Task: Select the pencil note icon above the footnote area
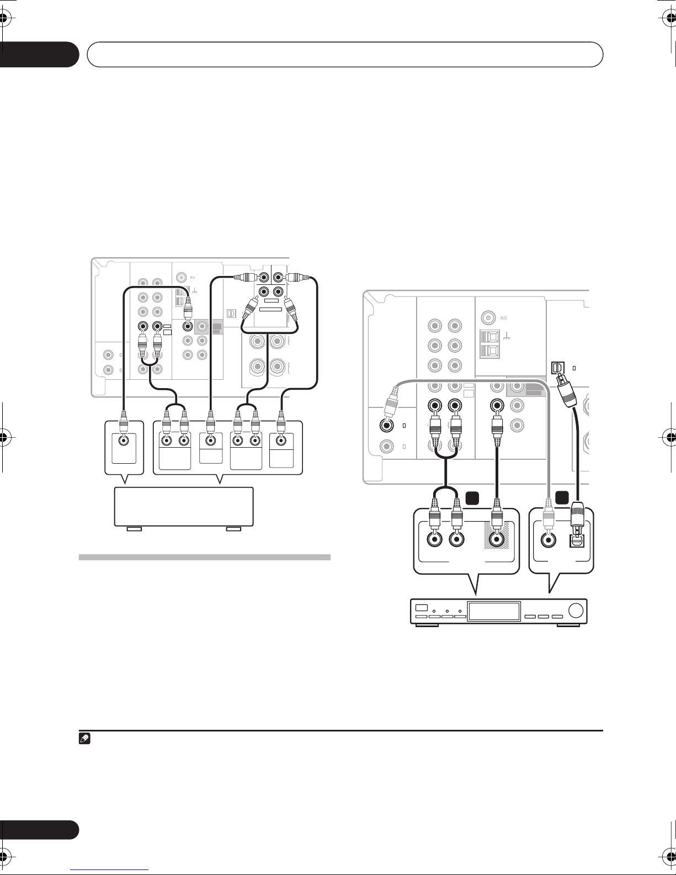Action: pyautogui.click(x=84, y=739)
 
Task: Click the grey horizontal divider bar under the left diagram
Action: pyautogui.click(x=204, y=557)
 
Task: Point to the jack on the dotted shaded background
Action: pyautogui.click(x=497, y=539)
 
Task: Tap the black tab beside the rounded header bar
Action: pyautogui.click(x=39, y=54)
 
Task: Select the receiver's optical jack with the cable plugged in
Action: pyautogui.click(x=557, y=367)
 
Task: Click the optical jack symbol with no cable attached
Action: pyautogui.click(x=231, y=313)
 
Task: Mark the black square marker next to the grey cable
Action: pyautogui.click(x=562, y=498)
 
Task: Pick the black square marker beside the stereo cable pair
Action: pyautogui.click(x=472, y=498)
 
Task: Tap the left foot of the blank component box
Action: pyautogui.click(x=134, y=529)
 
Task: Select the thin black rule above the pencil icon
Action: pyautogui.click(x=341, y=730)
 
